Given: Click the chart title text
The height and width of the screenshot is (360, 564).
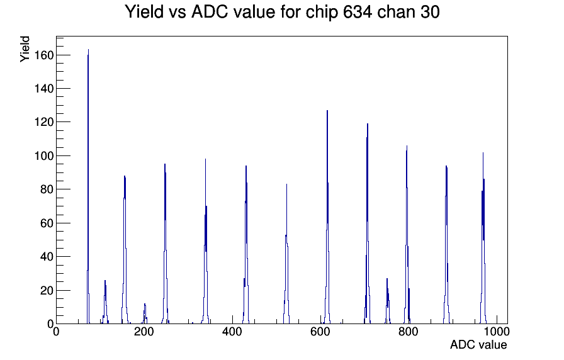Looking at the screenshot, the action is tap(282, 12).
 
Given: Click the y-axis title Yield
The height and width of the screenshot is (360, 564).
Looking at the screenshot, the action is tap(25, 49).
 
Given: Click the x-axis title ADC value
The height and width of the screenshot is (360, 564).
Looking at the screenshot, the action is tap(478, 344).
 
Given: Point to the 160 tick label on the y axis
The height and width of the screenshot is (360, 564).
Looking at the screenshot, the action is tap(44, 55).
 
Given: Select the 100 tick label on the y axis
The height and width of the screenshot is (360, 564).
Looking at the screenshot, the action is tap(44, 155).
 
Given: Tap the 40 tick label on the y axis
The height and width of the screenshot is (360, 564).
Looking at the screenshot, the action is tap(47, 256).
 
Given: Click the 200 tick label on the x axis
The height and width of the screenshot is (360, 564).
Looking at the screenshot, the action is tap(144, 331).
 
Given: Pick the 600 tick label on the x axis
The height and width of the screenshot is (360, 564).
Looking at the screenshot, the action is tap(320, 331).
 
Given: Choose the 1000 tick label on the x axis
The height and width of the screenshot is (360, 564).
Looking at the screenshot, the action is tap(496, 331).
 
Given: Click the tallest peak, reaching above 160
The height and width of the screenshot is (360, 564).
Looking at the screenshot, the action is tap(88, 50).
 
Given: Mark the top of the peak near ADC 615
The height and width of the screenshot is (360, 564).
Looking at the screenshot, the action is tap(327, 111).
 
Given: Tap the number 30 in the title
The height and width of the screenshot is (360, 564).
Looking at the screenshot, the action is tap(429, 12).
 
